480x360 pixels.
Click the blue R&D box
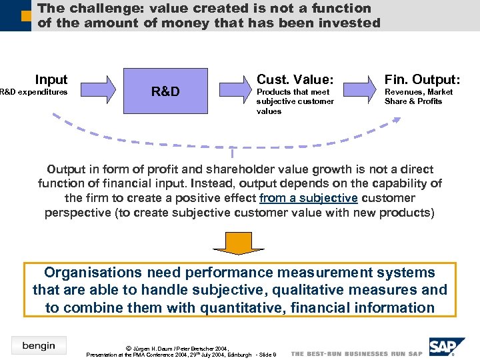click(x=165, y=91)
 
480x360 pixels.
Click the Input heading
click(x=51, y=79)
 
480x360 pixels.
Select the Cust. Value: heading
click(x=295, y=79)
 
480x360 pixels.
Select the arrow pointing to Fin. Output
click(x=362, y=90)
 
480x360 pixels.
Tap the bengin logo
click(x=39, y=345)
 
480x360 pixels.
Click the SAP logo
click(x=445, y=347)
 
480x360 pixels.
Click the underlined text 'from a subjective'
click(x=309, y=198)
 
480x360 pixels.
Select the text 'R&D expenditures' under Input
click(x=33, y=92)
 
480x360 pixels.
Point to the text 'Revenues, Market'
click(x=419, y=92)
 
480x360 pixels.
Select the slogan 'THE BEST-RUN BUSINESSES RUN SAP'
click(x=357, y=353)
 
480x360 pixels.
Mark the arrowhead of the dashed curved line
click(x=397, y=121)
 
